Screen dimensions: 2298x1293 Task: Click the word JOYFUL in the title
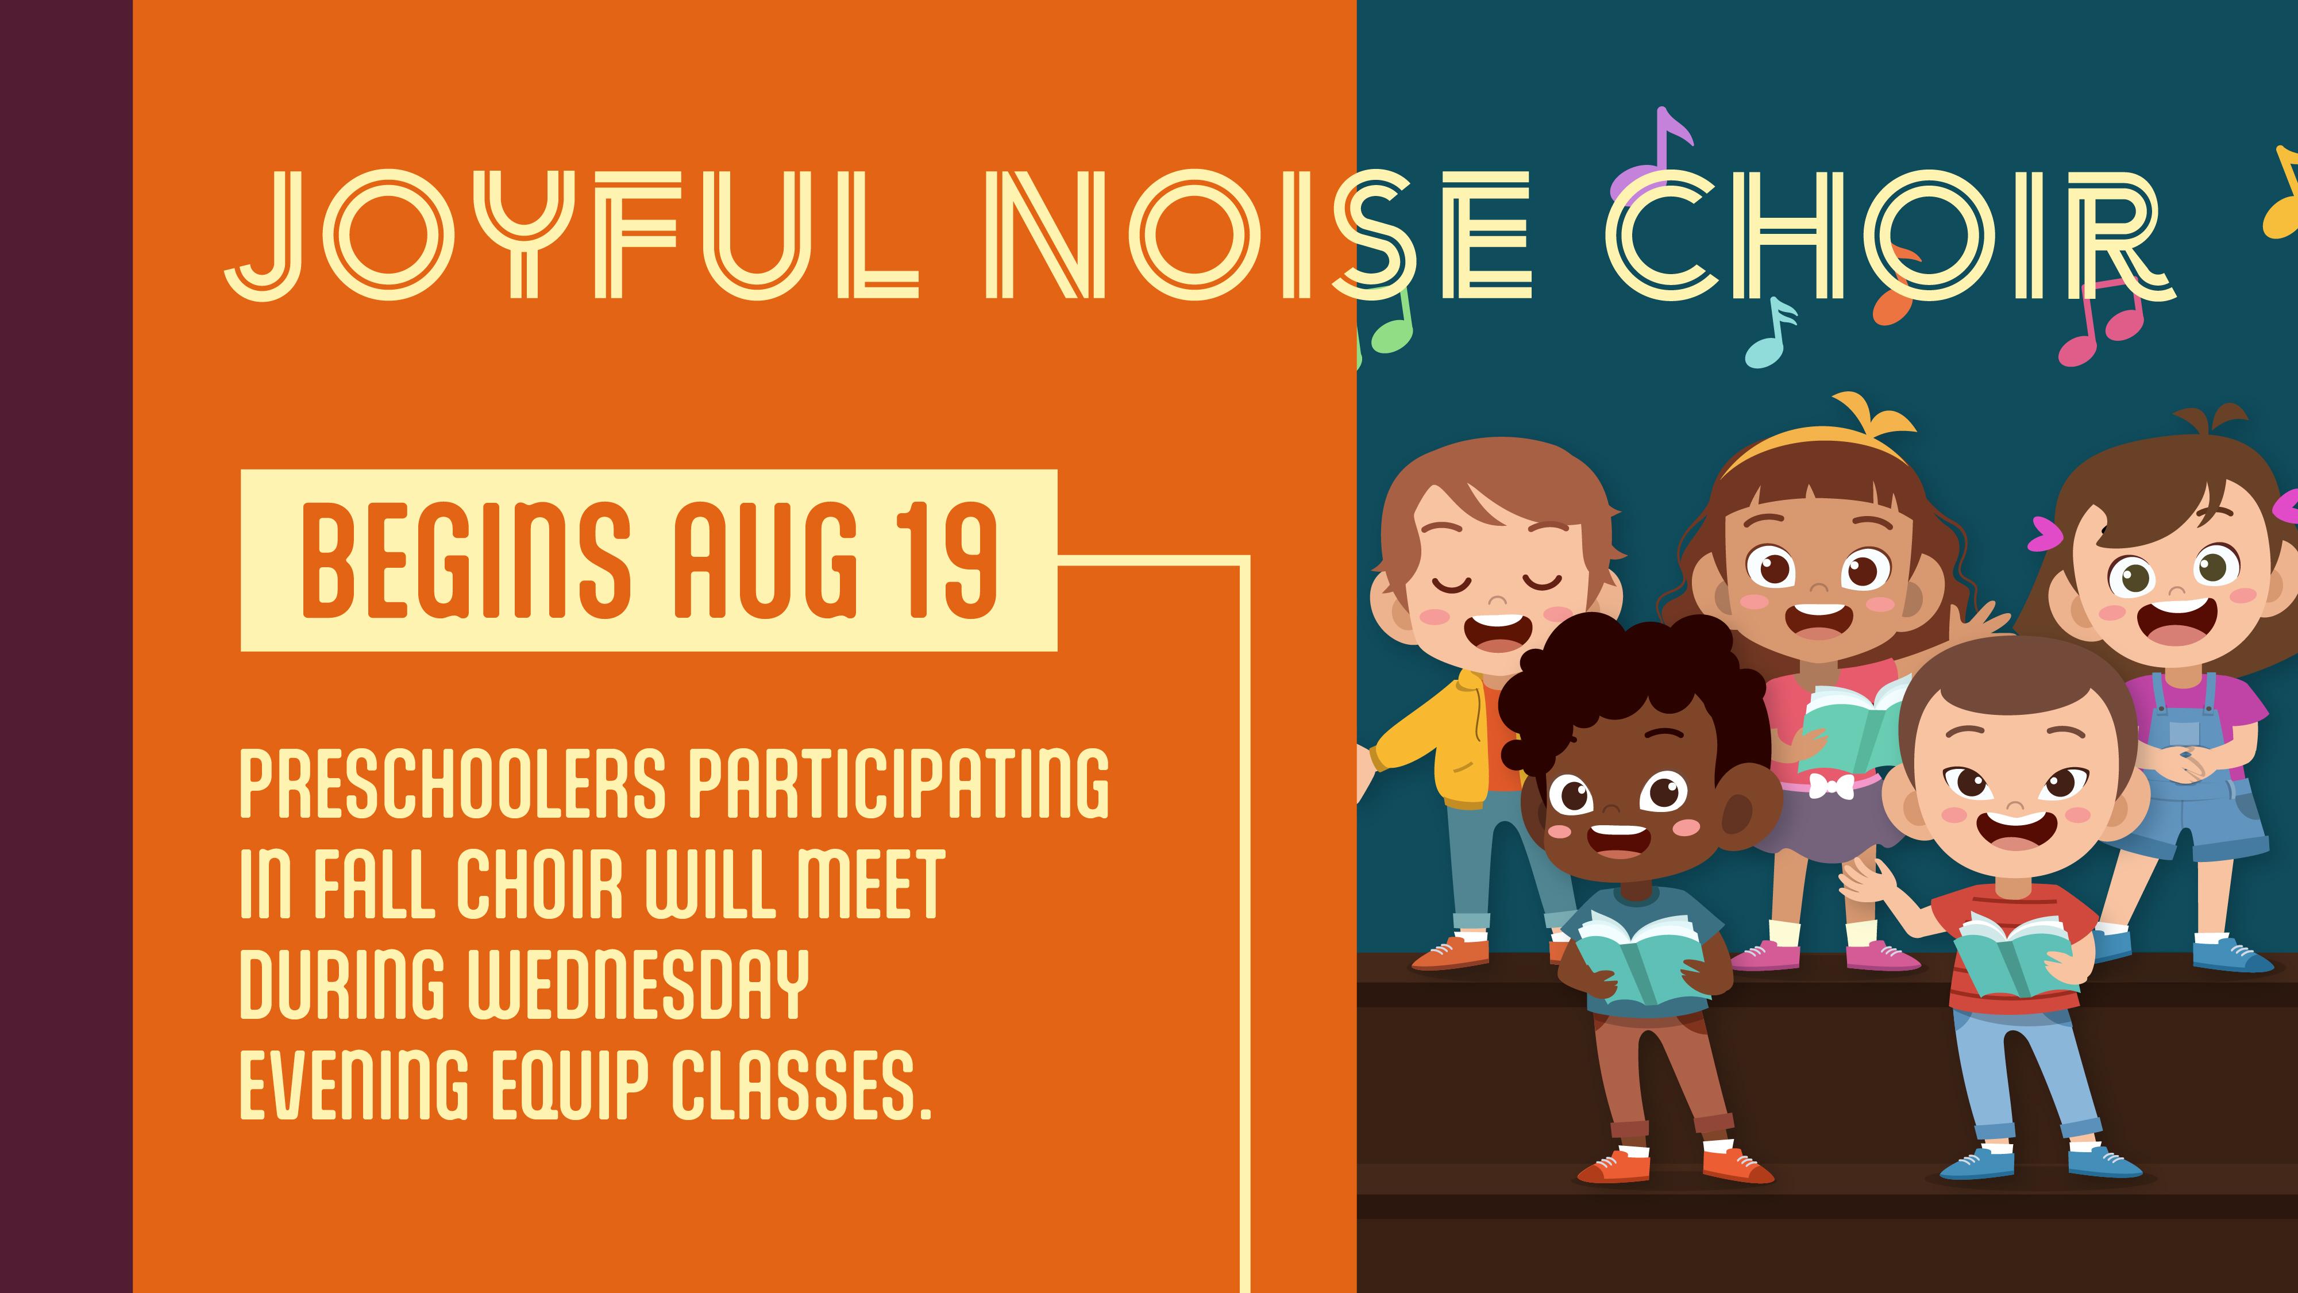coord(571,236)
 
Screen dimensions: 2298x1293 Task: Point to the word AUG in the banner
coord(765,560)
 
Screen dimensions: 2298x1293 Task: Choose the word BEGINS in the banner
coord(466,560)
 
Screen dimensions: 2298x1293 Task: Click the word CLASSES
coord(801,1084)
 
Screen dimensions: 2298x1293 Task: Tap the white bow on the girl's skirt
coord(1830,785)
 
